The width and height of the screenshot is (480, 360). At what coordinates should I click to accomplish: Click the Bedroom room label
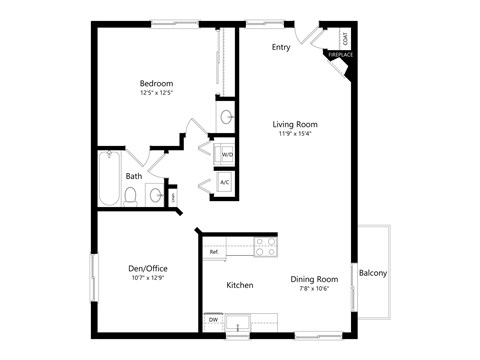[x=156, y=83]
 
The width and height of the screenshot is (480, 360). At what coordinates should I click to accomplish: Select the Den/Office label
[x=148, y=267]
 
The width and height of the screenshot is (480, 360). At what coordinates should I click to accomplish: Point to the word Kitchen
[x=240, y=285]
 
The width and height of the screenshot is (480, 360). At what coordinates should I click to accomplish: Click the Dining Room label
[x=314, y=279]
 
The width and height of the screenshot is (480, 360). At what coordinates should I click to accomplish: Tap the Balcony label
[x=373, y=273]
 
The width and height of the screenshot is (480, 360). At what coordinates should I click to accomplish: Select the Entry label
[x=281, y=47]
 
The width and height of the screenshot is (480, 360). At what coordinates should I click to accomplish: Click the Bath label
[x=133, y=176]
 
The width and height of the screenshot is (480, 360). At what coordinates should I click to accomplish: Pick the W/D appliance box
[x=226, y=155]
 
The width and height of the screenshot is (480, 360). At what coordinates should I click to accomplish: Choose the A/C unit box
[x=225, y=183]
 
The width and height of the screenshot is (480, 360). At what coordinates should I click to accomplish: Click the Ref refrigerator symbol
[x=214, y=252]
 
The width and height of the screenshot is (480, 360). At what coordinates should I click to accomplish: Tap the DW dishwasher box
[x=213, y=319]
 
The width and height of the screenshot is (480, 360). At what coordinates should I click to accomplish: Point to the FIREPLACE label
[x=340, y=55]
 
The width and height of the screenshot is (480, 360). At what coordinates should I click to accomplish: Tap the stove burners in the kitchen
[x=265, y=246]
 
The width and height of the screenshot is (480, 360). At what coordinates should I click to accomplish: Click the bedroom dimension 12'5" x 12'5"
[x=156, y=94]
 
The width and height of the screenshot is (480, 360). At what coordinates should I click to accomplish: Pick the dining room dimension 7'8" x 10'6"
[x=314, y=290]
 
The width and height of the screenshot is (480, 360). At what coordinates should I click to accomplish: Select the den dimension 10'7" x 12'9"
[x=148, y=278]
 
